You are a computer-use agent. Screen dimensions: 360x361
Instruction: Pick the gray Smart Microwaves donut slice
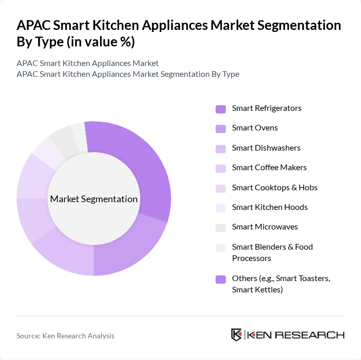[x=62, y=140]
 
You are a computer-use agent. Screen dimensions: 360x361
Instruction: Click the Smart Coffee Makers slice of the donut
[x=32, y=219]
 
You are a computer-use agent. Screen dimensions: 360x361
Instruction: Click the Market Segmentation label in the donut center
[x=93, y=199]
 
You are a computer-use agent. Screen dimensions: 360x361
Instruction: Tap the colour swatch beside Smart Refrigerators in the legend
[x=221, y=109]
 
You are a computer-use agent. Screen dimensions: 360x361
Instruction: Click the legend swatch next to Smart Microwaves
[x=221, y=227]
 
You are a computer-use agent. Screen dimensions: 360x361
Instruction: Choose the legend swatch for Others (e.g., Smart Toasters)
[x=221, y=279]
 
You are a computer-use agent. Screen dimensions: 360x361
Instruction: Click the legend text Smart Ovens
[x=255, y=128]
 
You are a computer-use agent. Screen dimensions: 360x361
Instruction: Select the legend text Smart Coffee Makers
[x=269, y=168]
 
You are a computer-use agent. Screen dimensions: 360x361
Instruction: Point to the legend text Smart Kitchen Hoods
[x=270, y=207]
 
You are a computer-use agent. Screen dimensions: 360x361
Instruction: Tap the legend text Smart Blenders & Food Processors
[x=272, y=252]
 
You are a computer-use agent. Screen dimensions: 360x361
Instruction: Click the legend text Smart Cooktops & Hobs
[x=274, y=187]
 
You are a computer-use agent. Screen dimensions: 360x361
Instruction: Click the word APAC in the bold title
[x=34, y=25]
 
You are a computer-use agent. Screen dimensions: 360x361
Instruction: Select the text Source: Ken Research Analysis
[x=65, y=336]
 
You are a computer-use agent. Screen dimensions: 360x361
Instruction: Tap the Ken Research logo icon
[x=237, y=335]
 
